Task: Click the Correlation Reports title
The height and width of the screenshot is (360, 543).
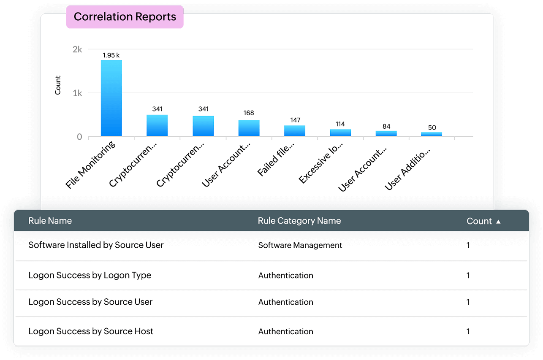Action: pos(125,17)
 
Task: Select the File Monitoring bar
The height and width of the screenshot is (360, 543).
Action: pos(111,98)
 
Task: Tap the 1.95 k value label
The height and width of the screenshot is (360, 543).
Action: pos(111,55)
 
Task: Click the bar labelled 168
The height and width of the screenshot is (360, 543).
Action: pos(249,128)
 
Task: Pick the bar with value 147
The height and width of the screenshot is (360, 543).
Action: pos(295,131)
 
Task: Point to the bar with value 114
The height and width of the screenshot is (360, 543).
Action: pos(340,133)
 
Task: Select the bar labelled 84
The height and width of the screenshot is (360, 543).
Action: pos(386,133)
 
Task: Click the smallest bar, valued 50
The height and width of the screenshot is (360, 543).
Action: pos(432,134)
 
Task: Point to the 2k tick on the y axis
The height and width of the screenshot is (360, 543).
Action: pos(77,49)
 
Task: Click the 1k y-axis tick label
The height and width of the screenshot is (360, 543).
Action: pos(77,93)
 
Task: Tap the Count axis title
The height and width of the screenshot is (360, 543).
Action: pos(58,85)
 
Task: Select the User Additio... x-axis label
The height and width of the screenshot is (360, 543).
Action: pos(407,168)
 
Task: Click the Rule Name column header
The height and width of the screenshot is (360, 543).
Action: pos(50,221)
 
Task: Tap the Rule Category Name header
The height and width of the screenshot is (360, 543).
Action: pos(299,221)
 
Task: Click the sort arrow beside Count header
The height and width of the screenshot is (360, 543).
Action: pos(498,222)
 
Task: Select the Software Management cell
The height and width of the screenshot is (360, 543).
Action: pos(300,245)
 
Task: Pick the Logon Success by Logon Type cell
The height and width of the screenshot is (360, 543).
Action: pos(90,275)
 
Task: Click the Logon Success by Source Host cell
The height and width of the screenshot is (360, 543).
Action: pos(91,331)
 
